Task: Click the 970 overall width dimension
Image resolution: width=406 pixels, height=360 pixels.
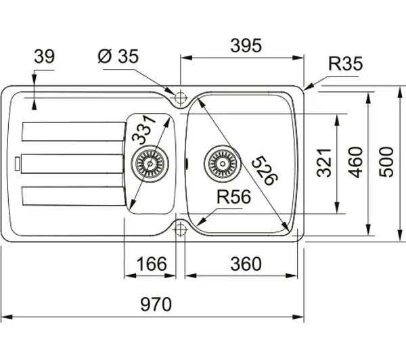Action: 156,305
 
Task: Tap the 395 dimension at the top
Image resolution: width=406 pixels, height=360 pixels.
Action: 246,45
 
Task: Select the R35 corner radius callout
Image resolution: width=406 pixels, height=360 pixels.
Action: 345,64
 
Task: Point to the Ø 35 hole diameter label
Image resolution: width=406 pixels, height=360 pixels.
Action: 118,56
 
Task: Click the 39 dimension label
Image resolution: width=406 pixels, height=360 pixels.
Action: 44,56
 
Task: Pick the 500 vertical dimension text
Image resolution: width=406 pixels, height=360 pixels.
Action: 386,162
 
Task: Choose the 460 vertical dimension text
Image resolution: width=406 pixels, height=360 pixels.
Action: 355,162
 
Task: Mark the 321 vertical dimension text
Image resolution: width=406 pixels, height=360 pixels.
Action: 324,162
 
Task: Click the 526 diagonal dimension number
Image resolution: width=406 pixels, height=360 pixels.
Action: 264,171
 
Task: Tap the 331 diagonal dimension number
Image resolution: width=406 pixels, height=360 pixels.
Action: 143,129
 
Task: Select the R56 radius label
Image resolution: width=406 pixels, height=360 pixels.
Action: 233,197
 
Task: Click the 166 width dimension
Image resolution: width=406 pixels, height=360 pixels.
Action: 152,264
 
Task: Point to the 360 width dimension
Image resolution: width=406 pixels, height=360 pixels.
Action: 246,264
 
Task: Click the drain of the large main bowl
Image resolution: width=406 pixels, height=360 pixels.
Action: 223,164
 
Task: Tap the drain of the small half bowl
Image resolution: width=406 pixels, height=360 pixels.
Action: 150,164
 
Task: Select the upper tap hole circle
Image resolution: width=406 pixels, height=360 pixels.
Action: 181,98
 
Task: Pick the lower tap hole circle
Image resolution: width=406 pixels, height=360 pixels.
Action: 181,229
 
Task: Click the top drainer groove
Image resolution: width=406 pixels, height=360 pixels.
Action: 74,131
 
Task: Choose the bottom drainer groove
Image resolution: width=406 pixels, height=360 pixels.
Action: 74,196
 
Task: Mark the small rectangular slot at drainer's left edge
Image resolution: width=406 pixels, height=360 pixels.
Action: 18,164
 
